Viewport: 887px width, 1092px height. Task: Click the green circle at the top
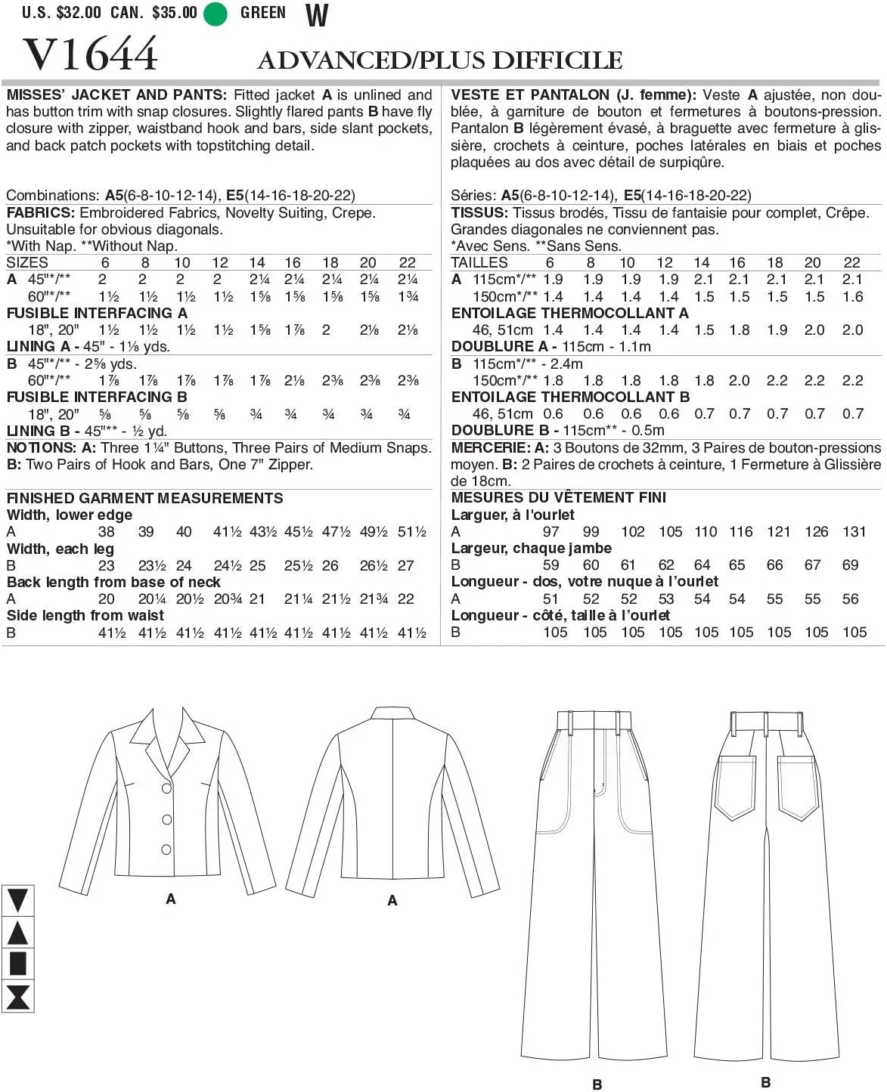point(216,14)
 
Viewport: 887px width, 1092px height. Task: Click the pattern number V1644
point(91,54)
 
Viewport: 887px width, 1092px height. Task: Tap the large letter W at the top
point(317,14)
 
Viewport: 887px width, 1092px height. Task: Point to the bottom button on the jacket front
point(166,849)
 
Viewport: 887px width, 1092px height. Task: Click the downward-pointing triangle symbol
point(17,901)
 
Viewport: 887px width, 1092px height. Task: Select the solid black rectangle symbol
point(17,964)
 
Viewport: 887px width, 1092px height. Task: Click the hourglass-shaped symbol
point(17,996)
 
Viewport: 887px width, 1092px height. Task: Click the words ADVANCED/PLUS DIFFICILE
point(440,60)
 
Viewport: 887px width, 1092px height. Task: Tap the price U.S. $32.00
point(61,13)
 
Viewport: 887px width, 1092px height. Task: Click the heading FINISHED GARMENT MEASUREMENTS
point(144,498)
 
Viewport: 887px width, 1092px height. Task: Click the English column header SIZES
point(27,262)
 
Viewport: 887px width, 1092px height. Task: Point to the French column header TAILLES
point(479,262)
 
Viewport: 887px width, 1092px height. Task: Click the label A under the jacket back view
point(392,900)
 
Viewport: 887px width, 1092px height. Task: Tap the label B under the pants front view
point(597,1084)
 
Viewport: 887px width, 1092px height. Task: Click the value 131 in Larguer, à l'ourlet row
point(854,531)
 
